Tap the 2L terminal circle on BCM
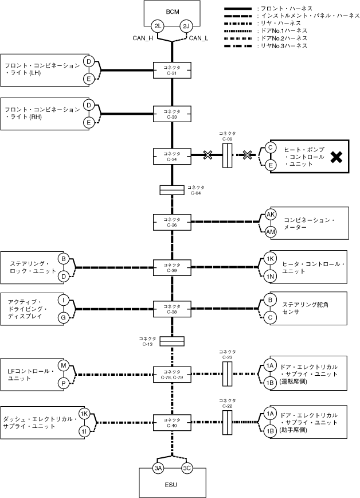tap(157, 26)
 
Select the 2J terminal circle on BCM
tap(186, 26)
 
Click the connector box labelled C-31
tap(171, 70)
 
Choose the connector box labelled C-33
tap(171, 113)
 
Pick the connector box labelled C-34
tap(171, 156)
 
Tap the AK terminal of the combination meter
tap(271, 214)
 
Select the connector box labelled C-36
tap(171, 221)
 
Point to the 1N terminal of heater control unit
tap(271, 277)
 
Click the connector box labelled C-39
tap(171, 267)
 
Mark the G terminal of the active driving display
tap(64, 317)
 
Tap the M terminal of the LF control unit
tap(64, 365)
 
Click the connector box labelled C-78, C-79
tap(171, 374)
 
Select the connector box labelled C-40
tap(171, 423)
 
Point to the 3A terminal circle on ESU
tap(158, 468)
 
